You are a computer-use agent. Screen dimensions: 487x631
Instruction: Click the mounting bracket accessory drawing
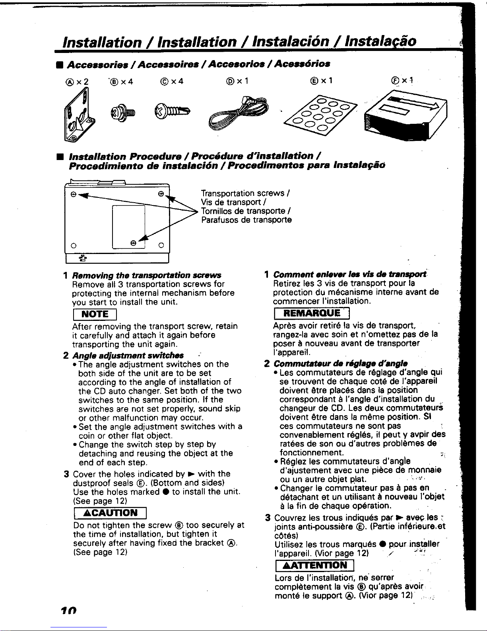click(79, 116)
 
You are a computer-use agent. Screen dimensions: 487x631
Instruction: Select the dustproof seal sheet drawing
click(320, 115)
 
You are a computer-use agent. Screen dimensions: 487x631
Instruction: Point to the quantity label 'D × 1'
click(237, 81)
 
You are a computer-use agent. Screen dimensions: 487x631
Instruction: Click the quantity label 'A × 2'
click(77, 82)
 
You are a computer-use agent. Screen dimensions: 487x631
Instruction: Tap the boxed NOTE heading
click(95, 314)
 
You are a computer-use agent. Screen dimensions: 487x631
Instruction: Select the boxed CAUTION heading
click(110, 513)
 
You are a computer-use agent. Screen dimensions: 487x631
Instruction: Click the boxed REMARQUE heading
click(312, 313)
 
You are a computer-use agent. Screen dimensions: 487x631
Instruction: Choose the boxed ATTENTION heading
click(314, 565)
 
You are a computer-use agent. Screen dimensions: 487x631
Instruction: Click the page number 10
click(69, 610)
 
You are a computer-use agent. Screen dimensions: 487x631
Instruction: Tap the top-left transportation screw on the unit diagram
click(74, 194)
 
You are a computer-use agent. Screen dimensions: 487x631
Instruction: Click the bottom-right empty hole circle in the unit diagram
click(161, 245)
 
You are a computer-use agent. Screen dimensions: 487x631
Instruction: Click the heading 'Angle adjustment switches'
click(128, 356)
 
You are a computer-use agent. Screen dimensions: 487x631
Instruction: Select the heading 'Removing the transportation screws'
click(147, 275)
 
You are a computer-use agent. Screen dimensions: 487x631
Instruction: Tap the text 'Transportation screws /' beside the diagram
click(245, 193)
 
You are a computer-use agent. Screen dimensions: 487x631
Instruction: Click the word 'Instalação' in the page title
click(380, 41)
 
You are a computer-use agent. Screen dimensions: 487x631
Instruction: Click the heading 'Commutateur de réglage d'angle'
click(341, 363)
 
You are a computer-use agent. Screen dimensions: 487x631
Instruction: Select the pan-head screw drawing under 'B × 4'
click(123, 113)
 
